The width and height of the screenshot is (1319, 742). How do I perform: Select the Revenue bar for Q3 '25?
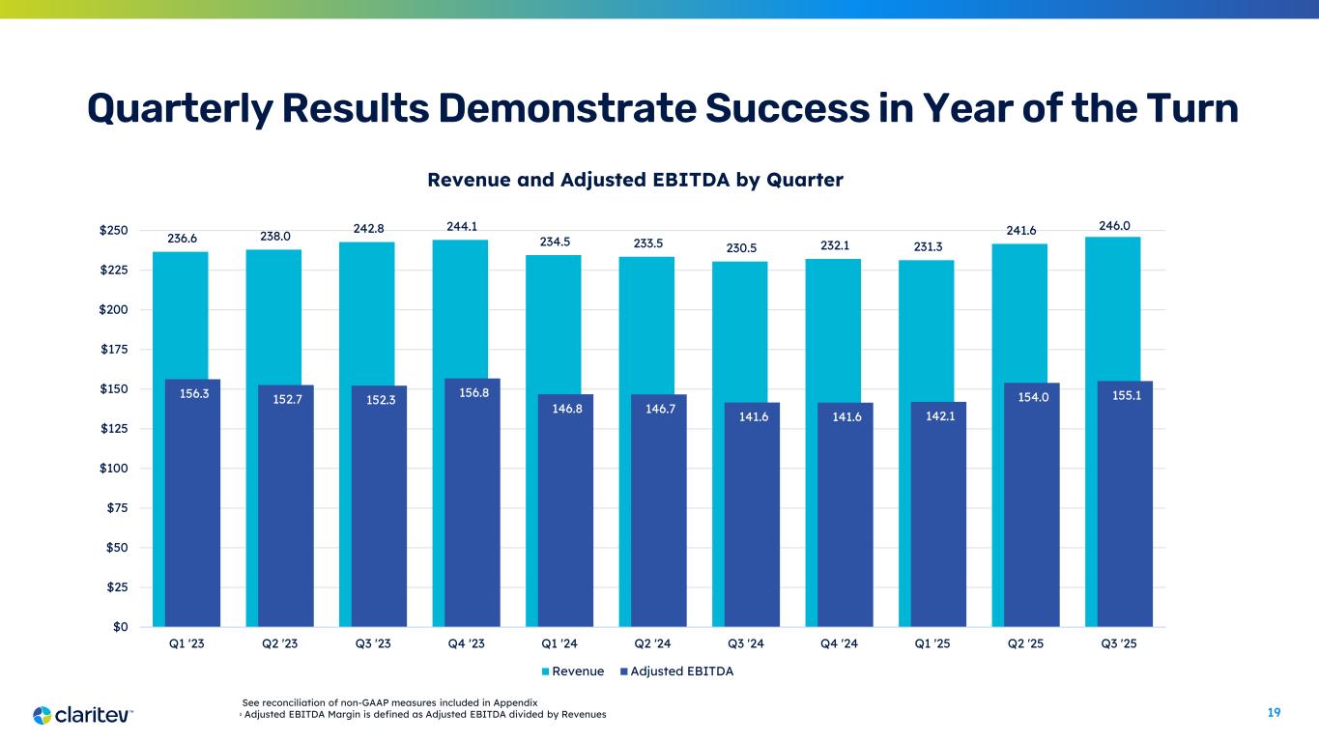coord(1112,309)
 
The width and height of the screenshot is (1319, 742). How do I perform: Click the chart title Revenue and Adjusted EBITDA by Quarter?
coord(635,180)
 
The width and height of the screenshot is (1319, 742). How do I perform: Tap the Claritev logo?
coord(83,715)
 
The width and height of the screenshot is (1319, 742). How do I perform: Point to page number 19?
coord(1274,713)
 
